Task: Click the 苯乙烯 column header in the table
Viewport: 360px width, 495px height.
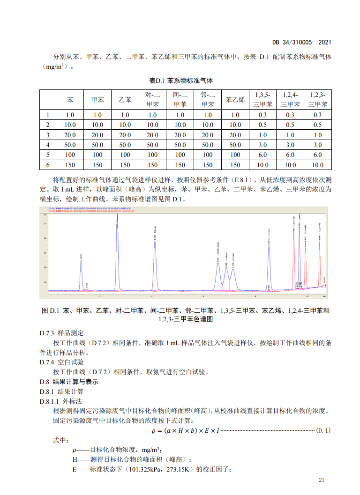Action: pos(235,100)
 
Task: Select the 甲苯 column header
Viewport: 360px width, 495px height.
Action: pos(97,100)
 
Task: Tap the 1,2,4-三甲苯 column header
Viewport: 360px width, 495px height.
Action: pos(290,100)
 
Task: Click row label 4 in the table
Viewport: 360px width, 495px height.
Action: pos(48,145)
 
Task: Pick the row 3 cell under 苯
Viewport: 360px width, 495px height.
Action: pos(70,135)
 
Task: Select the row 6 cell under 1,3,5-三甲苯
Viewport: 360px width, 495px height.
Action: pos(262,165)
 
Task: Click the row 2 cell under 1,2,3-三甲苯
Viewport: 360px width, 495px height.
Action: pos(317,125)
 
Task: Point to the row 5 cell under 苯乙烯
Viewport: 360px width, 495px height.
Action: pos(235,155)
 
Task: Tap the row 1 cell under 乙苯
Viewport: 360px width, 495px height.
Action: pos(125,115)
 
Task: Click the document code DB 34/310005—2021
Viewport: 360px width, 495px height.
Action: pos(302,42)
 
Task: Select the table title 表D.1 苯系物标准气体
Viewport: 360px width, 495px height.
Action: pos(180,80)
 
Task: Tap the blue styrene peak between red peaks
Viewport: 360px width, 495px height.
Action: pos(300,253)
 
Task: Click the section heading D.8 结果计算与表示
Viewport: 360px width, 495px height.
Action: pos(69,382)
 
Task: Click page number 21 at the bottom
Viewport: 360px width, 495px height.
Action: pos(321,480)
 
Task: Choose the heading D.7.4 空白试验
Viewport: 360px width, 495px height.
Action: pos(62,362)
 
